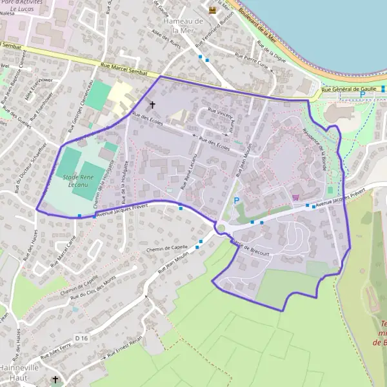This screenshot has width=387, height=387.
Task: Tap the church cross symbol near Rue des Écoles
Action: [153, 104]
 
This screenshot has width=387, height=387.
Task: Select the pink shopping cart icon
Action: [295, 197]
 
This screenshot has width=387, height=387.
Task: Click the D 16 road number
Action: [81, 338]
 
